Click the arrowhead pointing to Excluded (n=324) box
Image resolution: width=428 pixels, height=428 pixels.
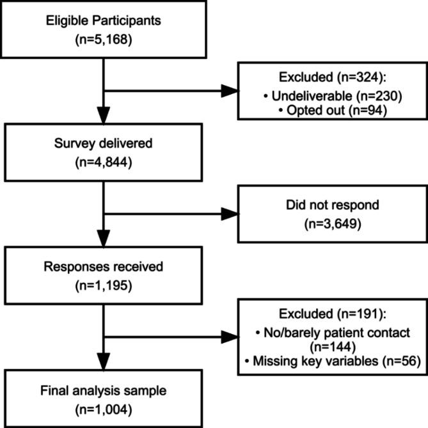(x=228, y=91)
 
